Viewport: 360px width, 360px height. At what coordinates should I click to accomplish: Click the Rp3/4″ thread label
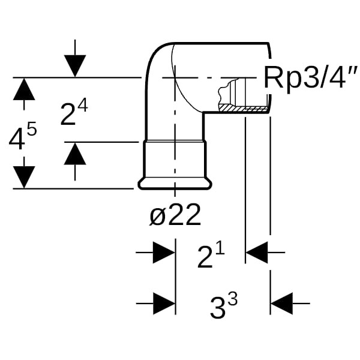306,79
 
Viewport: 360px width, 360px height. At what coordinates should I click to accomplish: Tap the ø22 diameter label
175,215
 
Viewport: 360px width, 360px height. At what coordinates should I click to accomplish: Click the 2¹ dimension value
211,256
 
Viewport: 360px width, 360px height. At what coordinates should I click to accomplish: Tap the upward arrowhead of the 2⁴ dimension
74,154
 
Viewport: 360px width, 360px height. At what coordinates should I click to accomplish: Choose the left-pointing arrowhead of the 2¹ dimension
257,253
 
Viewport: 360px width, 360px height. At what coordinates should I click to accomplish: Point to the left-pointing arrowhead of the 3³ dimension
281,304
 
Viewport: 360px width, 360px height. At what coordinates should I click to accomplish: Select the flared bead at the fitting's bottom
174,183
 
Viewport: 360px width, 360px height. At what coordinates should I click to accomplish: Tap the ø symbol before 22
157,215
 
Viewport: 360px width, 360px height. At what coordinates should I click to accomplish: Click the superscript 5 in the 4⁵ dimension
32,129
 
